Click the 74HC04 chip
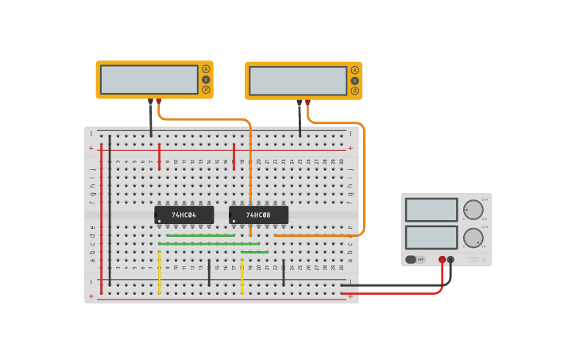click(184, 215)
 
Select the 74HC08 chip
click(258, 215)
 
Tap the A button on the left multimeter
click(206, 69)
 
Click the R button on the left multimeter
click(206, 90)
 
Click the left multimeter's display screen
click(149, 79)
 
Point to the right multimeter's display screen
click(298, 80)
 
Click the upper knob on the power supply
click(473, 210)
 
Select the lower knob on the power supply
click(473, 238)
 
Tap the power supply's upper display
click(431, 210)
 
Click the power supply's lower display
click(431, 237)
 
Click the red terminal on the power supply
click(443, 259)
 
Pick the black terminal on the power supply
click(451, 259)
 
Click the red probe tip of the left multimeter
click(159, 102)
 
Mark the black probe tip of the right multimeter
click(300, 103)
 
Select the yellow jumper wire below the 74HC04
click(160, 273)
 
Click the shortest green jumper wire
click(254, 252)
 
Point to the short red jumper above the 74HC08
click(234, 157)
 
